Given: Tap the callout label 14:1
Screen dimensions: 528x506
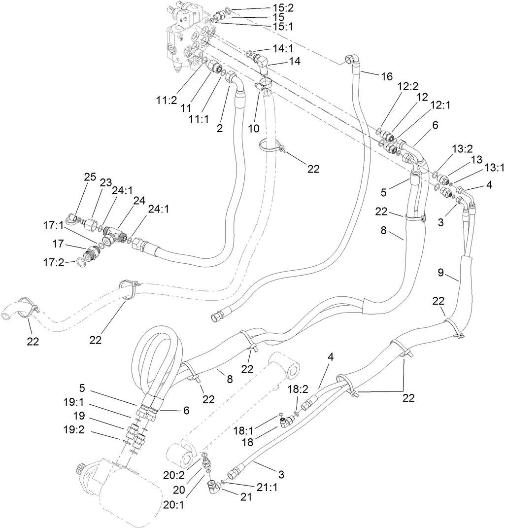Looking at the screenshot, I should tap(283, 48).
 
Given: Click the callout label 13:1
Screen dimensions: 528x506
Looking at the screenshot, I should tap(494, 168).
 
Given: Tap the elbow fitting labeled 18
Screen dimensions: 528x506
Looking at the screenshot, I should tap(286, 421).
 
